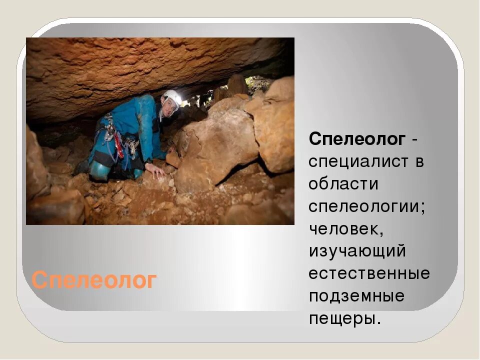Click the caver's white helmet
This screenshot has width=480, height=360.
point(172,96)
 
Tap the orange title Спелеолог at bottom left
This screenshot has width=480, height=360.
point(94,280)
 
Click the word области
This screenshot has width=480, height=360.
point(343,184)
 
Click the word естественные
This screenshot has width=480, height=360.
point(369,273)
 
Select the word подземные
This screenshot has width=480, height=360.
point(356,296)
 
